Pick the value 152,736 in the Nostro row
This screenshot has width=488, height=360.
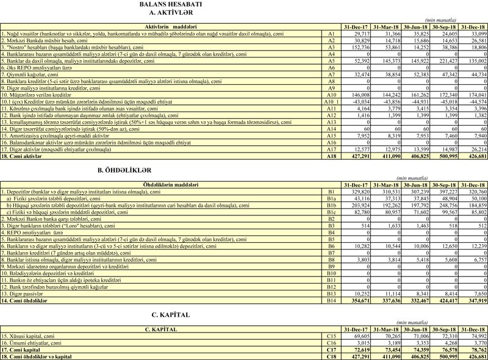tap(355, 46)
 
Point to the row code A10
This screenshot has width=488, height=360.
tap(331, 95)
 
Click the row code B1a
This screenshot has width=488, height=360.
tap(332, 198)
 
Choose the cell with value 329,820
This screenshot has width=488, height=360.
tap(355, 191)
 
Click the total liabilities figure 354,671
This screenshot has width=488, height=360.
tap(355, 283)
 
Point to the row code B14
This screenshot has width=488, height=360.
tap(332, 283)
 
